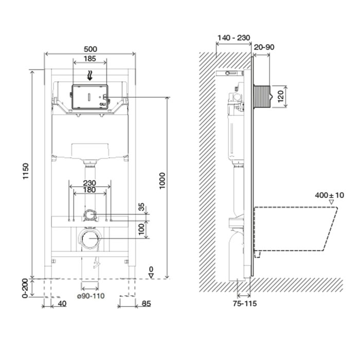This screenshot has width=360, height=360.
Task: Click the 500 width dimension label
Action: tap(90, 49)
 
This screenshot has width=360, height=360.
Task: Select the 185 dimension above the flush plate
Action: tap(89, 59)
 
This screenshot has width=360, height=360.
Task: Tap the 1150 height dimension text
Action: tap(26, 171)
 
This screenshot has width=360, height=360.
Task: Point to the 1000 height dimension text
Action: tap(163, 181)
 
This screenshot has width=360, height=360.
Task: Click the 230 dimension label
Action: tap(89, 183)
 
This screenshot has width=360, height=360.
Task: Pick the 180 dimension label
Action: tap(89, 190)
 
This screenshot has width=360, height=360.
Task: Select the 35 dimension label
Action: tap(141, 207)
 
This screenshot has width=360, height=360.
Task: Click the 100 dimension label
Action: tap(141, 229)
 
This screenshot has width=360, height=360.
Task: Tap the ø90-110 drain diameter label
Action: tap(91, 296)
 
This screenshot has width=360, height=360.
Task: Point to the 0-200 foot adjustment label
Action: tap(25, 289)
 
